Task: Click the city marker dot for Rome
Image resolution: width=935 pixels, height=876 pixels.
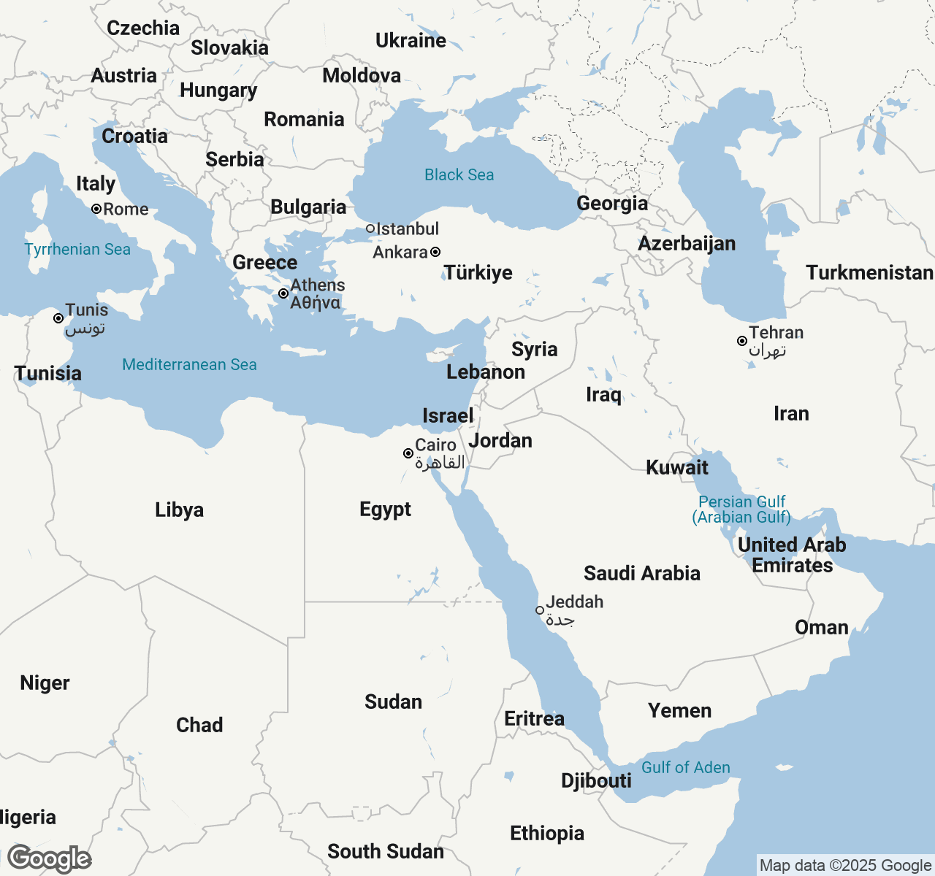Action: point(96,209)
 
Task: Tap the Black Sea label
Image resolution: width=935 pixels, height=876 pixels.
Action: point(459,175)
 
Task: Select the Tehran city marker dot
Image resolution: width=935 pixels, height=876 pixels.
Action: point(741,341)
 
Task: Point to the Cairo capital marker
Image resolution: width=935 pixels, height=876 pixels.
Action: point(408,453)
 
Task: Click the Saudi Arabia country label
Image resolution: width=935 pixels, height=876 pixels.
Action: point(641,573)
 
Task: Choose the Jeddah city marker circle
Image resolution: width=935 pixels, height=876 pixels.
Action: point(540,610)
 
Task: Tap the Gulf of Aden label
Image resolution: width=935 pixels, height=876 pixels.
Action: point(685,767)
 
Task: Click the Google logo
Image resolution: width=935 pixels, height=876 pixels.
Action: point(49,859)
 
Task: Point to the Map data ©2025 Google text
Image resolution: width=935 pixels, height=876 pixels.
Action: point(845,865)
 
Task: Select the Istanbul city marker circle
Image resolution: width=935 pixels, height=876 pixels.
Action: point(370,228)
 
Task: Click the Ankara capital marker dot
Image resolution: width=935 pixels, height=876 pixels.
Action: point(435,252)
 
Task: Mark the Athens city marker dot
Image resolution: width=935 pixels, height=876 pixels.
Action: point(283,293)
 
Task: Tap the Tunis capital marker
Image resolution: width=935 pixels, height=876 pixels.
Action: point(58,318)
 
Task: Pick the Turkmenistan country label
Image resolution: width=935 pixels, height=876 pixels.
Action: point(869,272)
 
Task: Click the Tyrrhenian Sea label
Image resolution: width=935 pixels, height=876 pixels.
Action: point(77,250)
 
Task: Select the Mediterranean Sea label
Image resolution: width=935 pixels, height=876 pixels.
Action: point(189,365)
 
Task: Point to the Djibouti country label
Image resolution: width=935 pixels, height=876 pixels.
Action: point(596,780)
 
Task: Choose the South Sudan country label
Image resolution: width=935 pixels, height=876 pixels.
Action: point(385,851)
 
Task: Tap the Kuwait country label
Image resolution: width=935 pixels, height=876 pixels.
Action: point(677,467)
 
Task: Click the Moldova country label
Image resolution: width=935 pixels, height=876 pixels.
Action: point(362,75)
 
